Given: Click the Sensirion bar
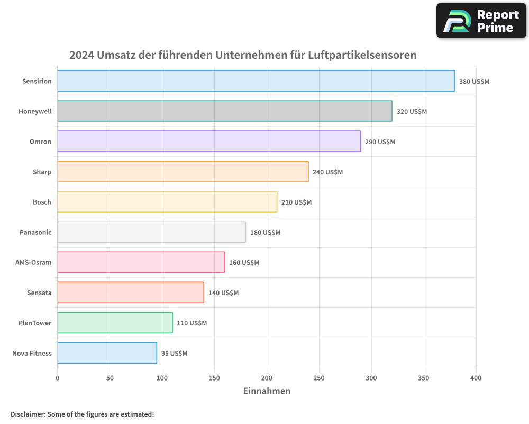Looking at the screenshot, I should pyautogui.click(x=256, y=81).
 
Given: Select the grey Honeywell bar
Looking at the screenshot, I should pyautogui.click(x=225, y=111).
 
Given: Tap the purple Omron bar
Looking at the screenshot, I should pyautogui.click(x=209, y=142).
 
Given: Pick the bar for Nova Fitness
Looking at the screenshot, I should pyautogui.click(x=107, y=353).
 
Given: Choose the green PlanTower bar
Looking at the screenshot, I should pyautogui.click(x=115, y=323).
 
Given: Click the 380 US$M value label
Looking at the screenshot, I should pyautogui.click(x=474, y=82).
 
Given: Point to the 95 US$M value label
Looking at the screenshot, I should pyautogui.click(x=174, y=354).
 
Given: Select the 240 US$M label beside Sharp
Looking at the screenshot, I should pyautogui.click(x=327, y=172).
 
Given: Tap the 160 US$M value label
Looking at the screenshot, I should pyautogui.click(x=244, y=263).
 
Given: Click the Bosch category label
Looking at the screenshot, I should pyautogui.click(x=42, y=202).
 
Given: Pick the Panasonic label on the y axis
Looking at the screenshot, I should pyautogui.click(x=35, y=232).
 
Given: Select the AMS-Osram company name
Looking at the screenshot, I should pyautogui.click(x=33, y=262).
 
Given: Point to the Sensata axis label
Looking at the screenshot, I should pyautogui.click(x=39, y=293).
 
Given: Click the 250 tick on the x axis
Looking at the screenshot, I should pyautogui.click(x=319, y=378).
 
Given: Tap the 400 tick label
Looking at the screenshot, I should pyautogui.click(x=476, y=378).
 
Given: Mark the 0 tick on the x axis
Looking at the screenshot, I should pyautogui.click(x=58, y=378).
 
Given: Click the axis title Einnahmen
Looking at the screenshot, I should pyautogui.click(x=267, y=391).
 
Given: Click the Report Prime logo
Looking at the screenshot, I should pyautogui.click(x=481, y=21).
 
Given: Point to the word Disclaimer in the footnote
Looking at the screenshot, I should pyautogui.click(x=28, y=414).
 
